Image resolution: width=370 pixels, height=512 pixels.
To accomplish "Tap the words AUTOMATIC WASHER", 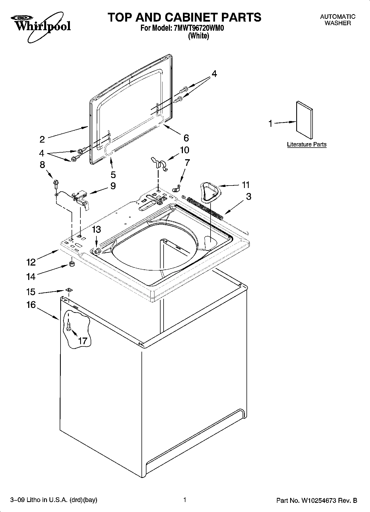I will (337, 20).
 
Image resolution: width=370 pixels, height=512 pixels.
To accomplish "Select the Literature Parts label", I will (306, 144).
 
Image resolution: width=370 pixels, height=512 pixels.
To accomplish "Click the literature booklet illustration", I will (305, 120).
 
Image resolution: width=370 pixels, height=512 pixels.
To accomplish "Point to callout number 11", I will (246, 185).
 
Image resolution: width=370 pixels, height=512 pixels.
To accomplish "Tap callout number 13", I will (96, 229).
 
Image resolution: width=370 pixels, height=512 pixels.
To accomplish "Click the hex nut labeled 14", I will (71, 264).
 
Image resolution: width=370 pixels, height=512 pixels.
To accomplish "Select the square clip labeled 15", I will (69, 290).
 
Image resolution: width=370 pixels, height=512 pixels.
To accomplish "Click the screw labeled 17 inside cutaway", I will (69, 325).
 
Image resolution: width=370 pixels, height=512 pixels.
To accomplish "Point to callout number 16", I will (31, 305).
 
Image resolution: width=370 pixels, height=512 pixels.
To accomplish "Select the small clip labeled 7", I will (176, 189).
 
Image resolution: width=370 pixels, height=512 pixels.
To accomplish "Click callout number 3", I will (248, 196).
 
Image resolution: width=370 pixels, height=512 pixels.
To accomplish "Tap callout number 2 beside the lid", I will (42, 139).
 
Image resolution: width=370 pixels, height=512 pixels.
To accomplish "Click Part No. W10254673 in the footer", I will (317, 500).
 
